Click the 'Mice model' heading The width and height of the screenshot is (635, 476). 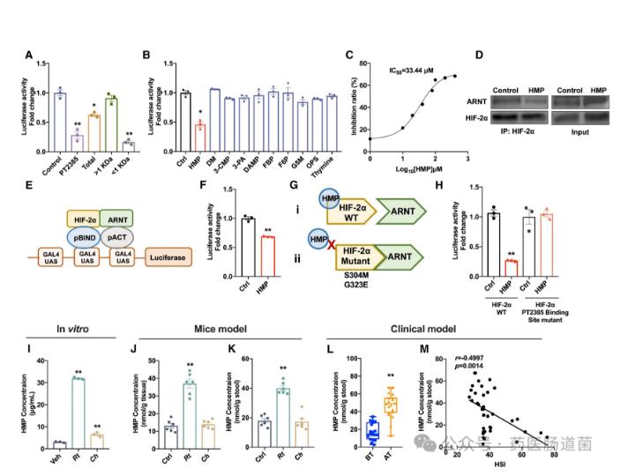(211, 330)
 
